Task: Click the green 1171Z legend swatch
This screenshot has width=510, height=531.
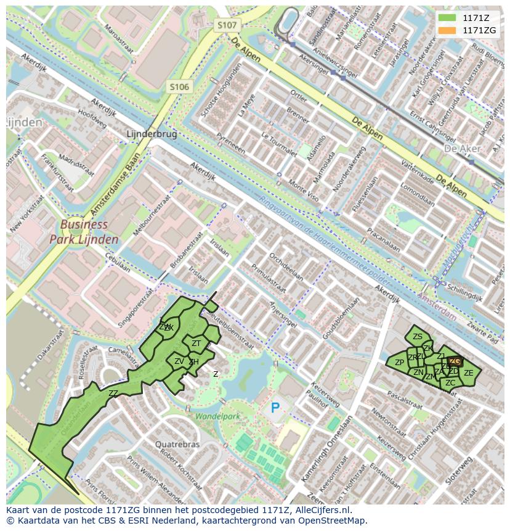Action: (447, 19)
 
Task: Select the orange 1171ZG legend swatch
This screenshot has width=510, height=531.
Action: (447, 30)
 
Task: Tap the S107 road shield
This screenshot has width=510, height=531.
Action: (227, 25)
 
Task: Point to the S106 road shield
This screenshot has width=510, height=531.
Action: (179, 87)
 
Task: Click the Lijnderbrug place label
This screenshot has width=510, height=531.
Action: (151, 133)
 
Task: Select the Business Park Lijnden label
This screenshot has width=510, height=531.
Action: (84, 232)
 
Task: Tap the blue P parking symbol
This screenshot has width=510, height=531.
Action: (275, 408)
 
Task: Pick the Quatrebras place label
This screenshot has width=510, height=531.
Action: (177, 444)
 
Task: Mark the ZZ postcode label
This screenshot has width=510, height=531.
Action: (113, 393)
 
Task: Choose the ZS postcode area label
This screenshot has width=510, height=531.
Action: (418, 336)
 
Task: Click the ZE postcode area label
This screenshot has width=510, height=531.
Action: (469, 373)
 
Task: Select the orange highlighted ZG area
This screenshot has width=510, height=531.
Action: (455, 361)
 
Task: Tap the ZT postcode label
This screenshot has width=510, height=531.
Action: (196, 343)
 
